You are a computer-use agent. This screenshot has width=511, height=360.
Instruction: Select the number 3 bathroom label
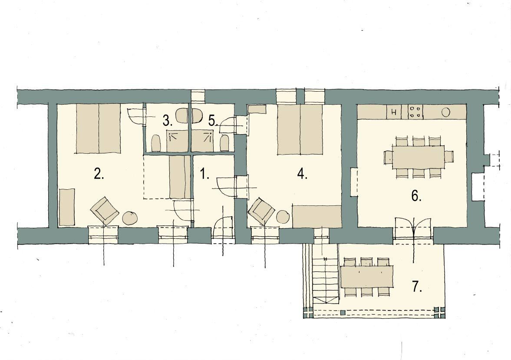[x=167, y=121]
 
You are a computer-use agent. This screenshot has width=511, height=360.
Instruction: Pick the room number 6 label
[x=416, y=196]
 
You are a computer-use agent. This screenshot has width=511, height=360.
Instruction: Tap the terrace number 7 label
[x=417, y=286]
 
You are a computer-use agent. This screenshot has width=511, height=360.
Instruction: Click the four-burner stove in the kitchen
[x=415, y=112]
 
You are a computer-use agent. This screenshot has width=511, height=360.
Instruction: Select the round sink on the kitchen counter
[x=445, y=112]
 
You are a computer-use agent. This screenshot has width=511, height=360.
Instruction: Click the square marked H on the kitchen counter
[x=394, y=112]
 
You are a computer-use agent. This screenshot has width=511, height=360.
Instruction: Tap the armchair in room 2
[x=104, y=211]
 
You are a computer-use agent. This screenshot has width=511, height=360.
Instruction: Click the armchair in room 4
[x=262, y=211]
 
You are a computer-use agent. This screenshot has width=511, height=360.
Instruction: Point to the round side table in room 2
[x=130, y=218]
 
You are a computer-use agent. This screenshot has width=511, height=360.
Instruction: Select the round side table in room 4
[x=283, y=217]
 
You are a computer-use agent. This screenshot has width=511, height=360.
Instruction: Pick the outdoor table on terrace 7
[x=366, y=276]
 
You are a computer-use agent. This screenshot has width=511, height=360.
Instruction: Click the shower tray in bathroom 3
[x=178, y=141]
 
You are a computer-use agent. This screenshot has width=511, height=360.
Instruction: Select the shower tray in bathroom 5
[x=202, y=141]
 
